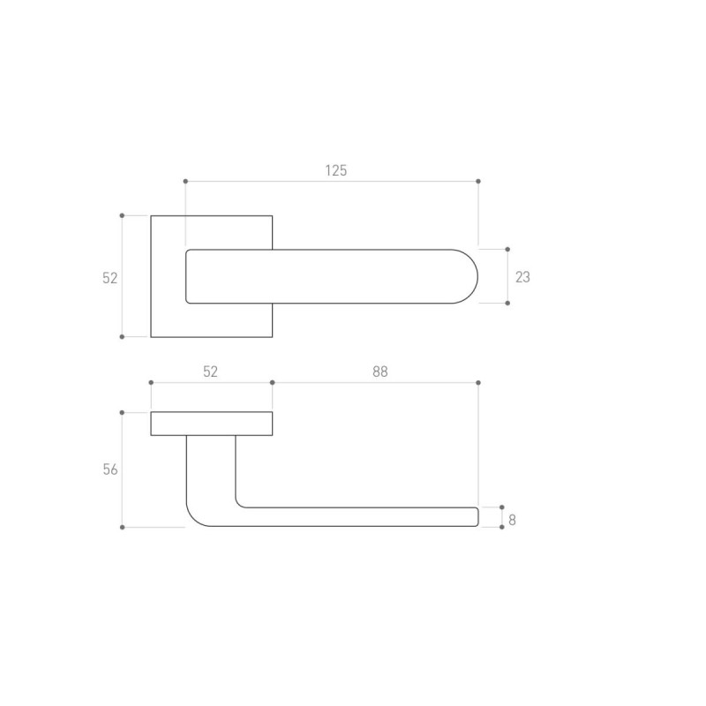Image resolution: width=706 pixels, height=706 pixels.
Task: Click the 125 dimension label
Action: tap(336, 170)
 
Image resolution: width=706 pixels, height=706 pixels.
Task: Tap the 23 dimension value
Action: tap(522, 277)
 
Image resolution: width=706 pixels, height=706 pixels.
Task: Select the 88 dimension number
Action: tap(380, 372)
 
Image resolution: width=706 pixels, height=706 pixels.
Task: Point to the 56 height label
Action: tap(110, 469)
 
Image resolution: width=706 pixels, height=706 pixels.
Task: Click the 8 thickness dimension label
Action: tap(512, 520)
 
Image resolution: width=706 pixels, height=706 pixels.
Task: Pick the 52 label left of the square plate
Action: tap(109, 278)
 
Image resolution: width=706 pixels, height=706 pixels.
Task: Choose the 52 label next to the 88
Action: tap(210, 372)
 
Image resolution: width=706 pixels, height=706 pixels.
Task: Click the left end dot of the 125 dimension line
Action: tap(185, 182)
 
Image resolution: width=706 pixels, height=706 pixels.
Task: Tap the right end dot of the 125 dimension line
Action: tap(478, 182)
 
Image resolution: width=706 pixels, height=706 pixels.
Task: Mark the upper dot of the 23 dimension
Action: tap(507, 250)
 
